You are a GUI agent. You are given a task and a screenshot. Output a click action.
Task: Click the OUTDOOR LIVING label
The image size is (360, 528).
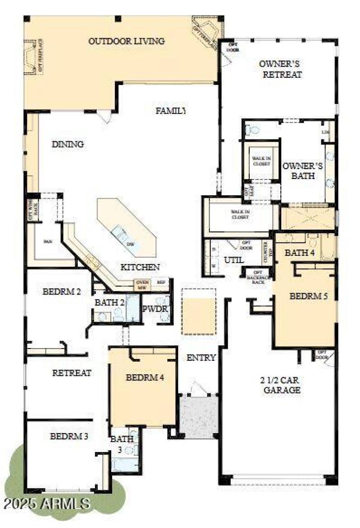coord(126,41)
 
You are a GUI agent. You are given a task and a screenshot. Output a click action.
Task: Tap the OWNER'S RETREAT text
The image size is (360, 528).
coord(280,69)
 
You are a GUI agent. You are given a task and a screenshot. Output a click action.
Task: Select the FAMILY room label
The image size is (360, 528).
coord(171,110)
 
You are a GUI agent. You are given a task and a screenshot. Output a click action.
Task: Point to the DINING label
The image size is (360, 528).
coord(67,144)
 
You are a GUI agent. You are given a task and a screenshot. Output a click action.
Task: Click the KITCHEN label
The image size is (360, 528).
coord(140,267)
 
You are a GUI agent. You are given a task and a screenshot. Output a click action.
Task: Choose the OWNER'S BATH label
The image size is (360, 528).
coord(302,171)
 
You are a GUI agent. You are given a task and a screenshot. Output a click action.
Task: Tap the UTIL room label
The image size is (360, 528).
coord(234,260)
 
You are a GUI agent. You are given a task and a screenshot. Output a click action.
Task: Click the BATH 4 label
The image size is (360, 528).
coord(300,253)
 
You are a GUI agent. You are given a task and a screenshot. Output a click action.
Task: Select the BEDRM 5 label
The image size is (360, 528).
coord(308,296)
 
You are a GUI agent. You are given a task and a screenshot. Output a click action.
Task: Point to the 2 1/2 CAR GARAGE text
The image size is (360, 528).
coord(280,385)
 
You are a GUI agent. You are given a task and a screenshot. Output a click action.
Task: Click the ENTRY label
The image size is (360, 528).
coord(201,358)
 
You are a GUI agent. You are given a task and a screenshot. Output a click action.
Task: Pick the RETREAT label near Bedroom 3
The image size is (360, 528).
coord(72,373)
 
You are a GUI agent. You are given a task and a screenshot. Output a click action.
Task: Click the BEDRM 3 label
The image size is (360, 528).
coord(69,436)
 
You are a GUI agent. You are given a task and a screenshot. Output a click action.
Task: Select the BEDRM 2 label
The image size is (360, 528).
coord(62,291)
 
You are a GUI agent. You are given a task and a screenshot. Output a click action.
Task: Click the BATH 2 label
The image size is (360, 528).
coord(109,303)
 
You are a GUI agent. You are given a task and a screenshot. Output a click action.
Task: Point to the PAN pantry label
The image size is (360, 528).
coord(47,242)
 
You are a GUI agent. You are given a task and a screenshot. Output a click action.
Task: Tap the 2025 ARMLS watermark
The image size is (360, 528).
coord(46,502)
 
